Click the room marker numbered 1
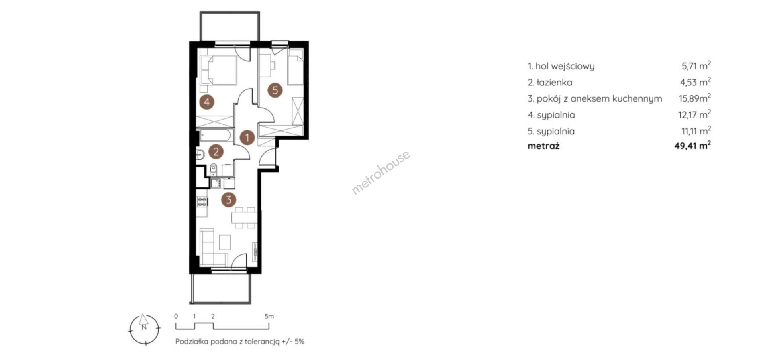[x=247, y=138]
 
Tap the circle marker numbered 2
[x=216, y=151]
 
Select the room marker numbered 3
[x=228, y=199]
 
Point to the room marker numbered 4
[x=206, y=102]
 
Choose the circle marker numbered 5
[x=275, y=90]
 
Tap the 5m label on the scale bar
[x=269, y=317]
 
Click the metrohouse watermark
[x=381, y=172]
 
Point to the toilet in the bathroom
[x=214, y=169]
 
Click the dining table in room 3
[x=244, y=218]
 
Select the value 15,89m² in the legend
[x=695, y=98]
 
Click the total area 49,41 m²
[x=692, y=146]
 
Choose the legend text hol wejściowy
[x=565, y=66]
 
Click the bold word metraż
[x=543, y=146]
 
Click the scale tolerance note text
[x=240, y=342]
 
